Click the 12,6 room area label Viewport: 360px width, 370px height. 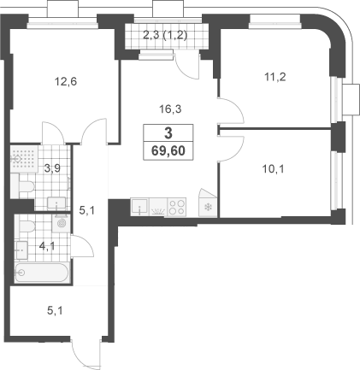point(66,82)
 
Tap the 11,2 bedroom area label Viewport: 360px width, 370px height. point(275,77)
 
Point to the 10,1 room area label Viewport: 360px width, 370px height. point(274,169)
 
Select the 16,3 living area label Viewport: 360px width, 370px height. point(170,109)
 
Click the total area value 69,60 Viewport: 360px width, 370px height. point(168,150)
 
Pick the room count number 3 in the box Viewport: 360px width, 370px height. point(168,133)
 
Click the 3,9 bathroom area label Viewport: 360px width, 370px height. point(53,168)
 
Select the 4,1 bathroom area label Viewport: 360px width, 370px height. point(47,246)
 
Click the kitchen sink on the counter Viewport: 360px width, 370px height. point(139,207)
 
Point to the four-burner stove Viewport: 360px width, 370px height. point(177,207)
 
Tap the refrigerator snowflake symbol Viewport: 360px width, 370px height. point(209,208)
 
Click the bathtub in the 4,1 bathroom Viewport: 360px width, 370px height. point(42,273)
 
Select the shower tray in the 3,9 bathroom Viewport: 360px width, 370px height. point(24,159)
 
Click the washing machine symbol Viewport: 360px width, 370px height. point(61,222)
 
